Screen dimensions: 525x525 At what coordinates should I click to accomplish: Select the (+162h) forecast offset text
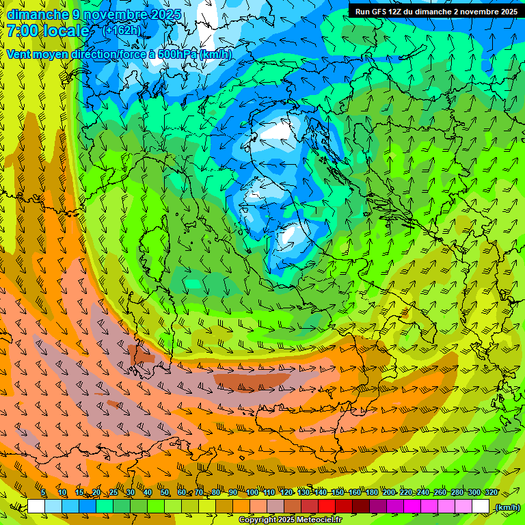(x=122, y=31)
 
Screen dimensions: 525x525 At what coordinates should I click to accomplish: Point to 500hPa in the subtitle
(x=179, y=54)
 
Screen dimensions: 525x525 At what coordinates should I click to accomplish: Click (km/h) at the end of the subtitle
(x=216, y=54)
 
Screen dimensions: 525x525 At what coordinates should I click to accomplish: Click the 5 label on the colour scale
(x=43, y=493)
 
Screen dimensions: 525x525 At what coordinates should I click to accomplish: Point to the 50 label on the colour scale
(x=165, y=493)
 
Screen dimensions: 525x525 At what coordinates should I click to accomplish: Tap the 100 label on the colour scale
(x=252, y=493)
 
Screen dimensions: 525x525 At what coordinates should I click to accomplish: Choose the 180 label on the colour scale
(x=371, y=493)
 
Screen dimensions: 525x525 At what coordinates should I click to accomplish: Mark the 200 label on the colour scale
(x=389, y=493)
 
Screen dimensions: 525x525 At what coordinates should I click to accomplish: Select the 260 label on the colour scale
(x=440, y=493)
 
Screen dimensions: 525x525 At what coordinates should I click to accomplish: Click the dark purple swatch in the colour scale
(x=379, y=507)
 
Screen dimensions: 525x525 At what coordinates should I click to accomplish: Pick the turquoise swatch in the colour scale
(x=105, y=507)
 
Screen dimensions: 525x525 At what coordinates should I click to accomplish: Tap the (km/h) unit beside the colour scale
(x=507, y=507)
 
